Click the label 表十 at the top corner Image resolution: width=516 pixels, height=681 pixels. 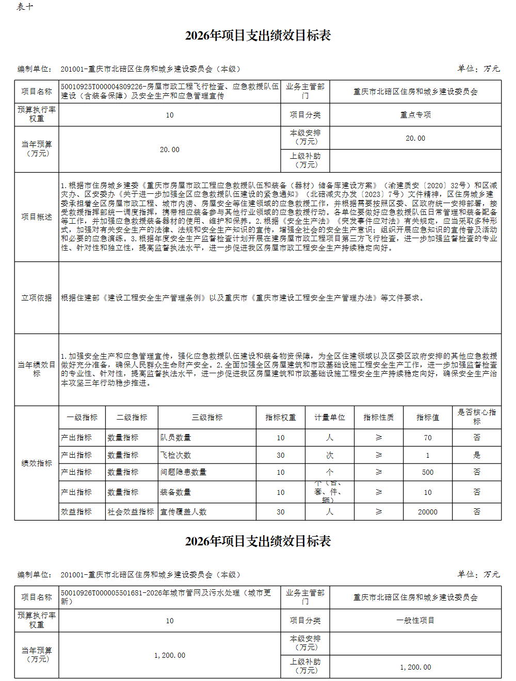click(25, 7)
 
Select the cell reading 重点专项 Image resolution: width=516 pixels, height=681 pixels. click(415, 115)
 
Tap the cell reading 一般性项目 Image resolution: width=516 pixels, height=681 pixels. click(415, 621)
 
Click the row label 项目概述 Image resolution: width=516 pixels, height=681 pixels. click(37, 217)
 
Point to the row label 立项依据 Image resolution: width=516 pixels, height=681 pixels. click(37, 298)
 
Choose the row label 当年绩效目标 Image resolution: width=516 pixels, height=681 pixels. click(37, 369)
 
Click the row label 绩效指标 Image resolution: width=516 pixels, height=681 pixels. click(37, 463)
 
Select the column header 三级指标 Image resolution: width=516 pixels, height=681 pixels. click(207, 418)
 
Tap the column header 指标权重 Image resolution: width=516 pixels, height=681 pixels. click(281, 418)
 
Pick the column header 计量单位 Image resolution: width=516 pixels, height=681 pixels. click(330, 418)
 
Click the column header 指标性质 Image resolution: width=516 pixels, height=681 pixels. click(379, 418)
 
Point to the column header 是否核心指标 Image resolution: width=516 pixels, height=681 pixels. click(477, 417)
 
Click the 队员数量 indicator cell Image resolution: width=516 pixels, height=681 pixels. click(175, 438)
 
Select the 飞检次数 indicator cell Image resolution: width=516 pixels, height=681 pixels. click(175, 455)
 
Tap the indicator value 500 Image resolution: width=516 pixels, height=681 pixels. click(428, 472)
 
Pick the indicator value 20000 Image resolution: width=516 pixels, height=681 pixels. click(428, 512)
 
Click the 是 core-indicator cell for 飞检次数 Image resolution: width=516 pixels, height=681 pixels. click(477, 455)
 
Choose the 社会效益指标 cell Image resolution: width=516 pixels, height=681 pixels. click(131, 512)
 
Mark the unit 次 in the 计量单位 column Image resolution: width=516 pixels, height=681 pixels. click(330, 455)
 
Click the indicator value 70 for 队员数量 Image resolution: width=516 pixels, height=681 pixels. click(428, 438)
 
